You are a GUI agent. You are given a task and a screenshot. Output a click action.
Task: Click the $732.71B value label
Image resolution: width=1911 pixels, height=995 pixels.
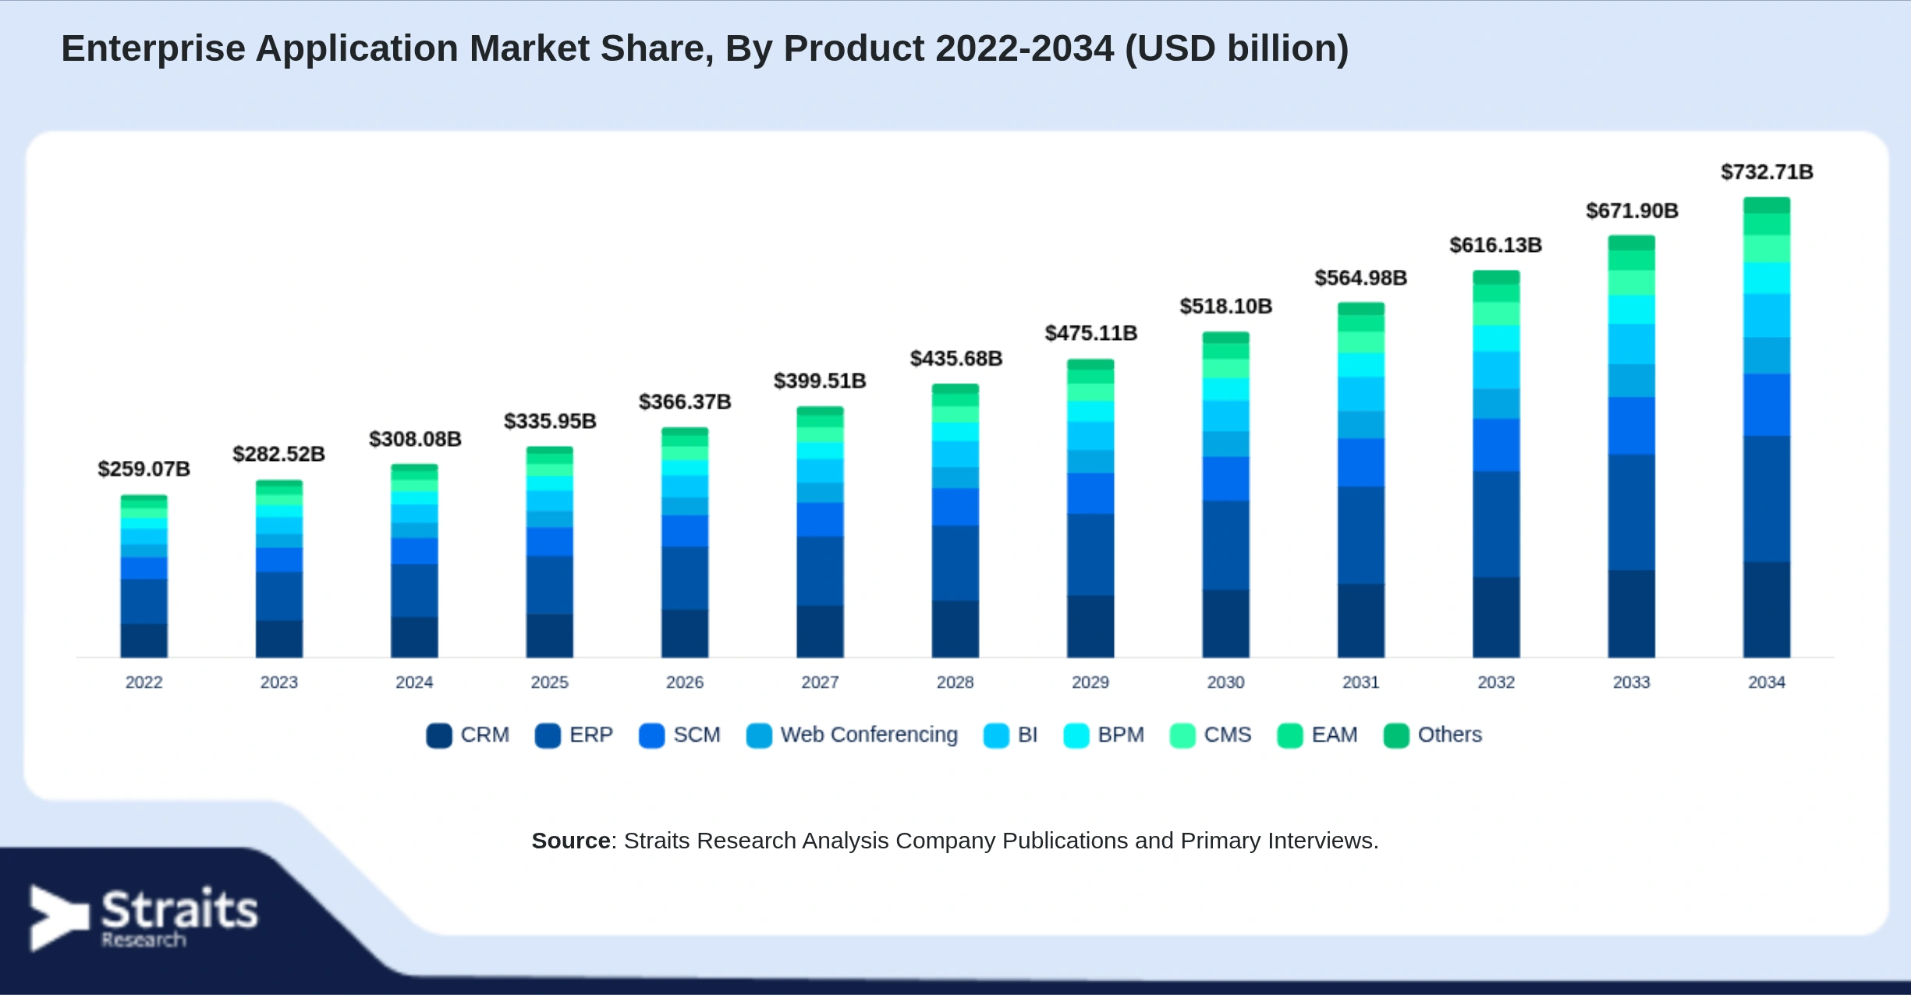[1767, 172]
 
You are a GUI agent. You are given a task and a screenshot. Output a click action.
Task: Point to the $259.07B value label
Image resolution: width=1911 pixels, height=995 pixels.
[144, 469]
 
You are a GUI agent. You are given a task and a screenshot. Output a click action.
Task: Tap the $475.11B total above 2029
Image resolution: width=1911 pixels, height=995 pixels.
[1090, 333]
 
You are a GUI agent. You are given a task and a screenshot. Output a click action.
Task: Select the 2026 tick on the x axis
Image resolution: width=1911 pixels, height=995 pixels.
[685, 682]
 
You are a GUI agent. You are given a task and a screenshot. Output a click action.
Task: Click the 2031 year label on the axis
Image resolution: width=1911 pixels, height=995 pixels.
[1361, 682]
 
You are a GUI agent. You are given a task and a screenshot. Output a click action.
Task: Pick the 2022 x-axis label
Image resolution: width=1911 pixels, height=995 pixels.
[144, 682]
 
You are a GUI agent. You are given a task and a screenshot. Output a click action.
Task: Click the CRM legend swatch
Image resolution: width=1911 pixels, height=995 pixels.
[439, 735]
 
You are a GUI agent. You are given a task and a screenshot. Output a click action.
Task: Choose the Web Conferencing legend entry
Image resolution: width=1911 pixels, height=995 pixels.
[852, 735]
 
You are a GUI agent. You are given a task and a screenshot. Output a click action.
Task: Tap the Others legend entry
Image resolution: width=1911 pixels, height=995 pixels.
[1432, 735]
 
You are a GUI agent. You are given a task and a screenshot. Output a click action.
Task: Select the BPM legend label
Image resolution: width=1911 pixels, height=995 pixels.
[1121, 735]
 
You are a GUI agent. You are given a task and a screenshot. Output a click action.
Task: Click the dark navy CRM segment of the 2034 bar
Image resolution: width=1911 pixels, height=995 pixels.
[1767, 609]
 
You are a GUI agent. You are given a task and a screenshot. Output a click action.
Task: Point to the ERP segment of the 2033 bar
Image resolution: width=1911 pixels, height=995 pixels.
[1631, 512]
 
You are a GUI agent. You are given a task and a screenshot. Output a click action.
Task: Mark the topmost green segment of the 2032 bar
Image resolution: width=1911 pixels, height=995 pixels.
[1496, 277]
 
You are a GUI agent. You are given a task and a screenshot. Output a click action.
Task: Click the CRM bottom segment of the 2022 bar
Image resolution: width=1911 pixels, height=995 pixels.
[144, 640]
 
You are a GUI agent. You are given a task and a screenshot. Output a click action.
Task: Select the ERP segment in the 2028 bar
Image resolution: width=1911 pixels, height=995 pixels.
[955, 563]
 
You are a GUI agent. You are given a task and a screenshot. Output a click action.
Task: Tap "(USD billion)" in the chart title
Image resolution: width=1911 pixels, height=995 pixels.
[1236, 48]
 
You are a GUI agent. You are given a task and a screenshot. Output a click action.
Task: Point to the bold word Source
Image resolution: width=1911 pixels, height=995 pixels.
[571, 841]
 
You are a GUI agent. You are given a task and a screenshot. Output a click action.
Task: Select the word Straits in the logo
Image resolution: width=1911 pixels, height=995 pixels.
[179, 908]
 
